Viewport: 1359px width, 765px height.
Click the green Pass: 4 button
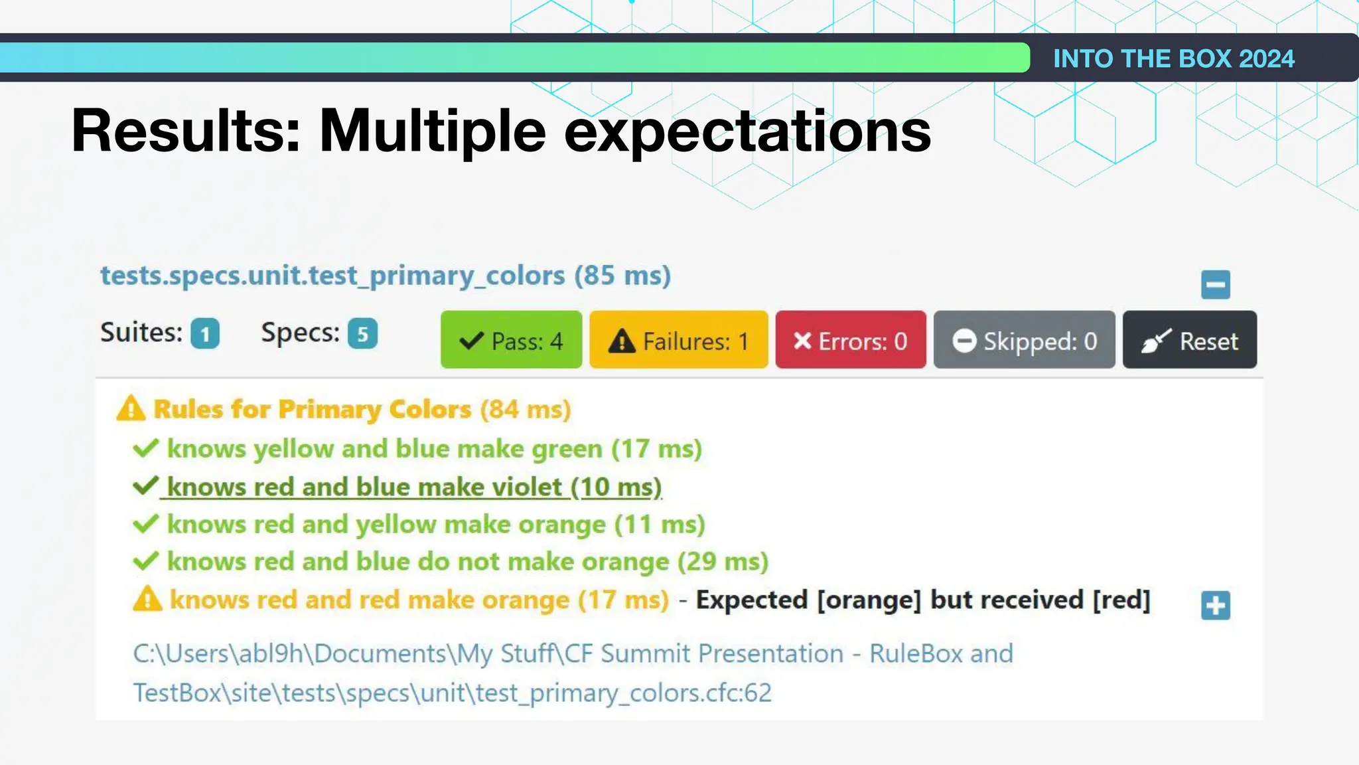click(511, 340)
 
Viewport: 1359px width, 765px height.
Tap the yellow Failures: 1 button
click(678, 340)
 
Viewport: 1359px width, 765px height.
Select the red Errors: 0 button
click(850, 340)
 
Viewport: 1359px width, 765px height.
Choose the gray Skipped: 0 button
click(1024, 340)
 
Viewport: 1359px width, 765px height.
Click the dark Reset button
click(1189, 340)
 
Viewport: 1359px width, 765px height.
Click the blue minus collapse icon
click(1215, 285)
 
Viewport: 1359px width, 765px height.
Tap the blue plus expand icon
click(1215, 605)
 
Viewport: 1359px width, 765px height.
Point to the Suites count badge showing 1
click(205, 333)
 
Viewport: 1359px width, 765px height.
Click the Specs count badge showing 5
click(362, 333)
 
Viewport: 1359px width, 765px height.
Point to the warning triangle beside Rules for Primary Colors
click(131, 408)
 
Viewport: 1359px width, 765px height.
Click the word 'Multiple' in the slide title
click(433, 131)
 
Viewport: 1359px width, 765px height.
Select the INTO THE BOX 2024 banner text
click(1173, 58)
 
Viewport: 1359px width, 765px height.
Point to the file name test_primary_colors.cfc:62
click(623, 693)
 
